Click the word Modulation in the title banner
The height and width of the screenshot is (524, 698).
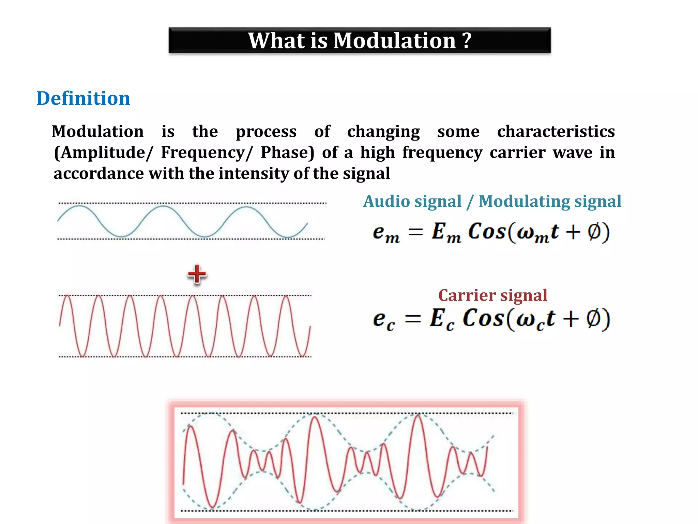click(395, 41)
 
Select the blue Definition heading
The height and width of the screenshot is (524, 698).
click(83, 99)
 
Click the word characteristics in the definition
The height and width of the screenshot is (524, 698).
click(556, 132)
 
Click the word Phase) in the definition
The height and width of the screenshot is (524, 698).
click(287, 153)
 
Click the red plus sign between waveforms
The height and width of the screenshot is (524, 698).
click(197, 274)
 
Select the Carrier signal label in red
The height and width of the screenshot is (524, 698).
click(492, 295)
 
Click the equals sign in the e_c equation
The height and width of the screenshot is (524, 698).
click(413, 319)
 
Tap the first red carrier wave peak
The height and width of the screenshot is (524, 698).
click(67, 296)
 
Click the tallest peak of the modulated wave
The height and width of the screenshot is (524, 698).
click(418, 415)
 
